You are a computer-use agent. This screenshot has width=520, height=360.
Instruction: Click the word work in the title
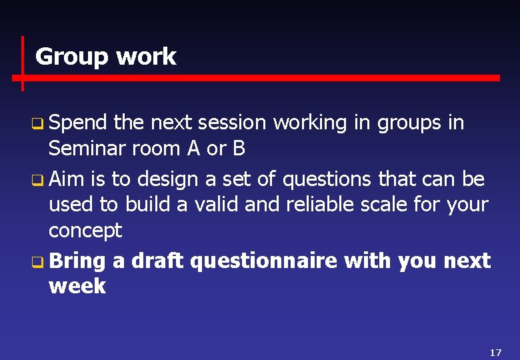click(x=146, y=57)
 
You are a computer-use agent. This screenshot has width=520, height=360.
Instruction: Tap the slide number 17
click(x=495, y=352)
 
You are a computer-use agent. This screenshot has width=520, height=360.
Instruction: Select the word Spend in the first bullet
click(x=78, y=123)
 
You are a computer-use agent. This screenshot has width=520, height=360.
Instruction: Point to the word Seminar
click(x=90, y=149)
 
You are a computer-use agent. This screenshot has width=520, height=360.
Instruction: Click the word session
click(x=232, y=123)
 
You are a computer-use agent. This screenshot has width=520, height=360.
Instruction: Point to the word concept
click(x=85, y=231)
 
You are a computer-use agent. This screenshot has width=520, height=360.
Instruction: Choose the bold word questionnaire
click(x=263, y=261)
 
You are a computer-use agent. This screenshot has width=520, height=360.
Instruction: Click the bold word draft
click(x=157, y=260)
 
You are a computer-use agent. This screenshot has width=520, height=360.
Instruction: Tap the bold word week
click(x=77, y=286)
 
